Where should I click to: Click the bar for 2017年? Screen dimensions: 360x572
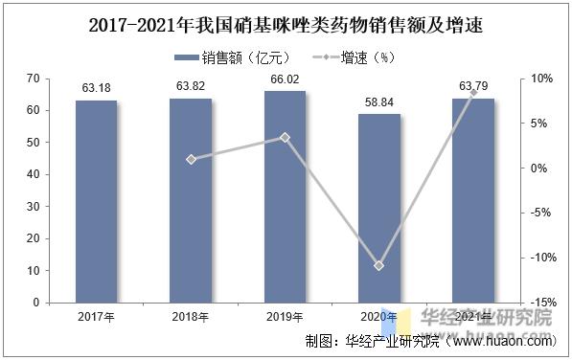96,201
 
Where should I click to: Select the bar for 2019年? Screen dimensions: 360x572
285,196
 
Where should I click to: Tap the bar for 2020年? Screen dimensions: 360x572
378,208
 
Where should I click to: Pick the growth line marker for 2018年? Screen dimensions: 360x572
191,159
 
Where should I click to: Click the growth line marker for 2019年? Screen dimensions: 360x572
285,137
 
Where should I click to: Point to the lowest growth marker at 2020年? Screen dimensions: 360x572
378,265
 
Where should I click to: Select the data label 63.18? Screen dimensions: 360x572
96,90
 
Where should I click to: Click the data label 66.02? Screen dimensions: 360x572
285,80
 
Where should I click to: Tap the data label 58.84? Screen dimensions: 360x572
378,101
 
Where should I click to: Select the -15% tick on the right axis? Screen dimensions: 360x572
541,303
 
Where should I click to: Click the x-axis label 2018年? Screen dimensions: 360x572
191,317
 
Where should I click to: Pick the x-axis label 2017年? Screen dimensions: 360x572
96,317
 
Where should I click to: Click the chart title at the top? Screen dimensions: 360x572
286,23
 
